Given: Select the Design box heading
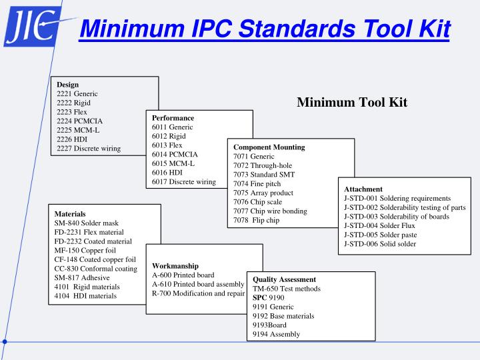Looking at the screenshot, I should point(68,85).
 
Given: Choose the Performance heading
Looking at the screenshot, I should point(173,118).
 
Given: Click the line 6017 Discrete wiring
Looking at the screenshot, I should point(183,182).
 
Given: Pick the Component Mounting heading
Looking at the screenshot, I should point(269,146).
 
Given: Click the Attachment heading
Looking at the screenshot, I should point(363,189).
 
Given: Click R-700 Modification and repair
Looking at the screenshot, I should point(199,293).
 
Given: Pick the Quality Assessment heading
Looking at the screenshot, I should point(284,279).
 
